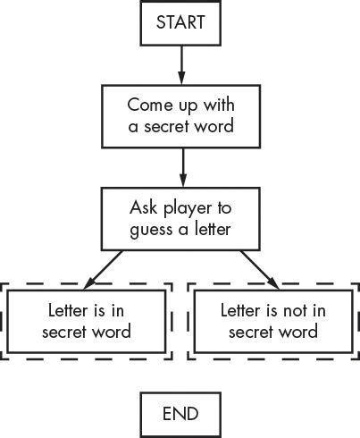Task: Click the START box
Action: [x=180, y=23]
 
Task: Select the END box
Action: [x=180, y=413]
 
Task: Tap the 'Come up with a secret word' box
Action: [x=180, y=114]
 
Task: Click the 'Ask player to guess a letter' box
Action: [x=180, y=217]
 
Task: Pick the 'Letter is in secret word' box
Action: [x=88, y=321]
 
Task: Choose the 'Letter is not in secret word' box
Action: [x=272, y=321]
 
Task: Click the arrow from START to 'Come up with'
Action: [x=180, y=64]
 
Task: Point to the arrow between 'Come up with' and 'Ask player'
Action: [x=180, y=166]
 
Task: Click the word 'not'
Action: [x=289, y=310]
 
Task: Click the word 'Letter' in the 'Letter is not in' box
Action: [x=241, y=310]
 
